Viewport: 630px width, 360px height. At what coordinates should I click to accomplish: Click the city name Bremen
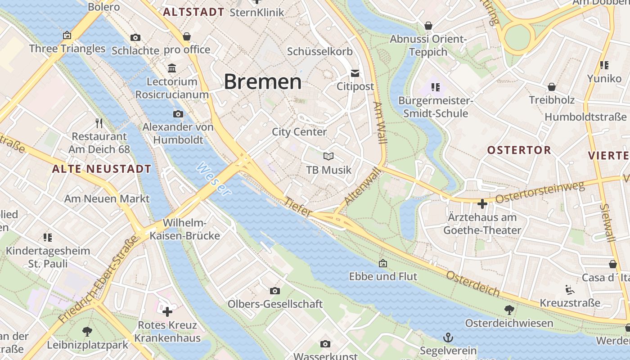pos(262,82)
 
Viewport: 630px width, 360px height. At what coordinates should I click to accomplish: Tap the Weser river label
pos(214,179)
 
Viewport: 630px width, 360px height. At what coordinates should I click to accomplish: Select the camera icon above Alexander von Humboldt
pos(178,114)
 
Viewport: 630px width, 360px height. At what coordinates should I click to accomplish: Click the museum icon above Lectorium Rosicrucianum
pos(172,68)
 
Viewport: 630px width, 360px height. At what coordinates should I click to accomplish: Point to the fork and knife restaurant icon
pos(99,123)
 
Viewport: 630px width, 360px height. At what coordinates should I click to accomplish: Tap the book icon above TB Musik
pos(328,157)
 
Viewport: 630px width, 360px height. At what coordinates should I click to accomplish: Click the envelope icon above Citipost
pos(355,73)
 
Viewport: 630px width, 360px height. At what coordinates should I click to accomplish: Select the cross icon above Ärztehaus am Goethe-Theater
pos(482,204)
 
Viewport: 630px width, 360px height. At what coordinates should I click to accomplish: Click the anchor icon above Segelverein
pos(448,337)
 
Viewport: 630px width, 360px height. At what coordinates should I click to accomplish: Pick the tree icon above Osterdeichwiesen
pos(509,310)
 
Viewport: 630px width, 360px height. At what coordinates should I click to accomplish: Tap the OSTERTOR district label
pos(519,150)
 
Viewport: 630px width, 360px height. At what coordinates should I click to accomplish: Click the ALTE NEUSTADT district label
pos(102,169)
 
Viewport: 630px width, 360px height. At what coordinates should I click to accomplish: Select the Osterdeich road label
pos(472,283)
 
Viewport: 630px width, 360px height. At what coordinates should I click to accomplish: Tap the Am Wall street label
pos(380,122)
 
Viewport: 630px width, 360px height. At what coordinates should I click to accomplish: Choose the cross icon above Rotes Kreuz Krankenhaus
pos(167,311)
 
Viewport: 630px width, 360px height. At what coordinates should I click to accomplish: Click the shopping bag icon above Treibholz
pos(551,87)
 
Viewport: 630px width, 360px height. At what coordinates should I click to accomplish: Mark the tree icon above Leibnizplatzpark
pos(87,332)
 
